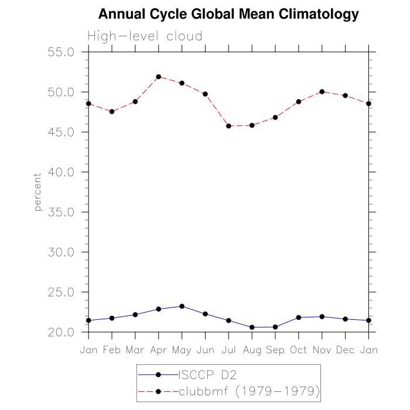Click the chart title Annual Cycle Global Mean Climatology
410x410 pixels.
tap(228, 13)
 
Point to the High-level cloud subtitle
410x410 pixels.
tap(145, 36)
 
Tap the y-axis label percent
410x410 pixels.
tap(38, 192)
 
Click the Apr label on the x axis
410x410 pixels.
tap(158, 350)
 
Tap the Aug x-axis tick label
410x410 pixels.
tap(252, 350)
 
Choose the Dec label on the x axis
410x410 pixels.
tap(345, 350)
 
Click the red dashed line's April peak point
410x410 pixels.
tap(159, 77)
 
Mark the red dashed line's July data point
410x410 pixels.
tap(228, 126)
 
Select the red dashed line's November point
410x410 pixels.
tap(322, 91)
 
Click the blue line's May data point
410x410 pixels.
tap(182, 306)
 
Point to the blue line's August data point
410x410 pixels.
tap(252, 327)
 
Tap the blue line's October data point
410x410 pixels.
tap(298, 317)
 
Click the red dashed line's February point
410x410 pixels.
tap(112, 111)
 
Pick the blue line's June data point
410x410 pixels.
tap(205, 314)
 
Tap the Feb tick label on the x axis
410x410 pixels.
tap(112, 350)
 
